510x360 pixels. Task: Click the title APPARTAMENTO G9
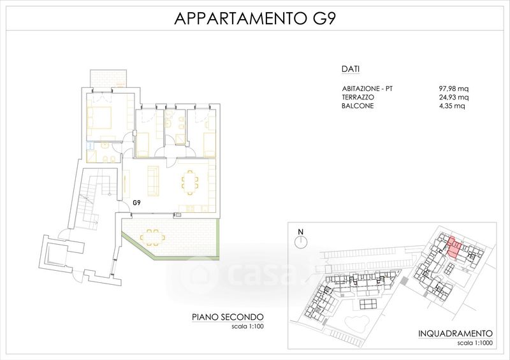click(x=254, y=18)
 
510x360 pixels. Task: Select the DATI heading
click(x=350, y=69)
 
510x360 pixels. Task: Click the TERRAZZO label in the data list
click(x=358, y=97)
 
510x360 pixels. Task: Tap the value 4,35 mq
click(x=452, y=106)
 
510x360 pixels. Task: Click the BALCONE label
click(x=358, y=106)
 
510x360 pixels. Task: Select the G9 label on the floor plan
click(x=136, y=203)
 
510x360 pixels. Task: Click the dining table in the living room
click(x=189, y=182)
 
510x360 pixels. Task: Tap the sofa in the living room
click(x=153, y=181)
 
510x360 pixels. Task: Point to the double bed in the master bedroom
click(x=99, y=117)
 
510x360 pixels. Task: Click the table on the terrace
click(x=152, y=238)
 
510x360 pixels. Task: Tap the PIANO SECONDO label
click(x=228, y=317)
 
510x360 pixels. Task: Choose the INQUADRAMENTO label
click(x=455, y=333)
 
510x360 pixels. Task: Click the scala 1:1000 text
click(x=475, y=343)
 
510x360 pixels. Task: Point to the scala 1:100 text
click(x=247, y=326)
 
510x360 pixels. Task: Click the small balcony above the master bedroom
click(x=108, y=78)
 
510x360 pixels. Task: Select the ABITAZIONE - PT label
click(x=367, y=89)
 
